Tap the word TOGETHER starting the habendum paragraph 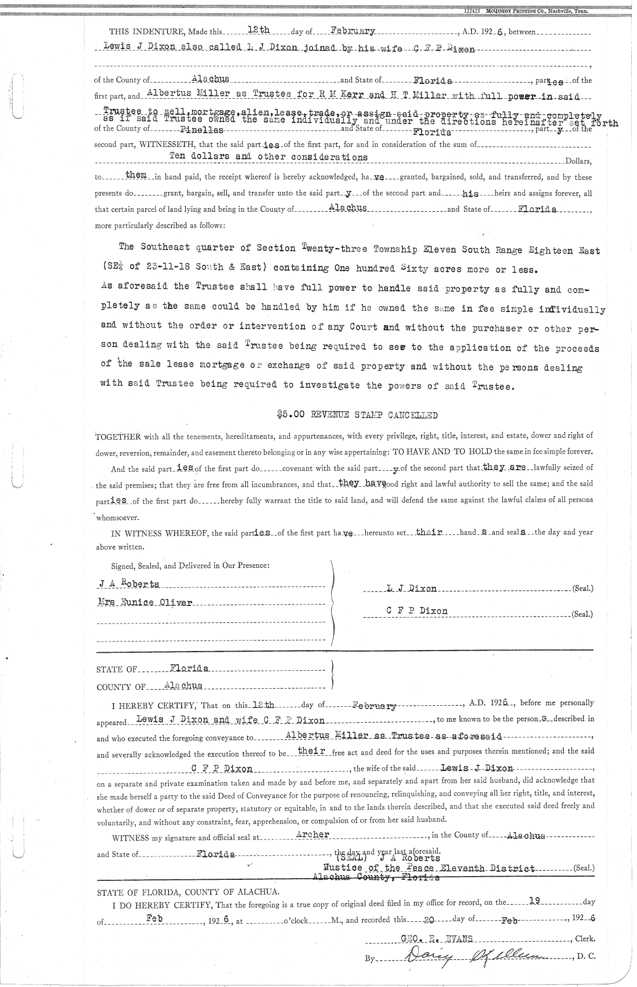tap(117, 437)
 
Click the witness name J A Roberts tap(129, 584)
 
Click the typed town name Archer tap(313, 834)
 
